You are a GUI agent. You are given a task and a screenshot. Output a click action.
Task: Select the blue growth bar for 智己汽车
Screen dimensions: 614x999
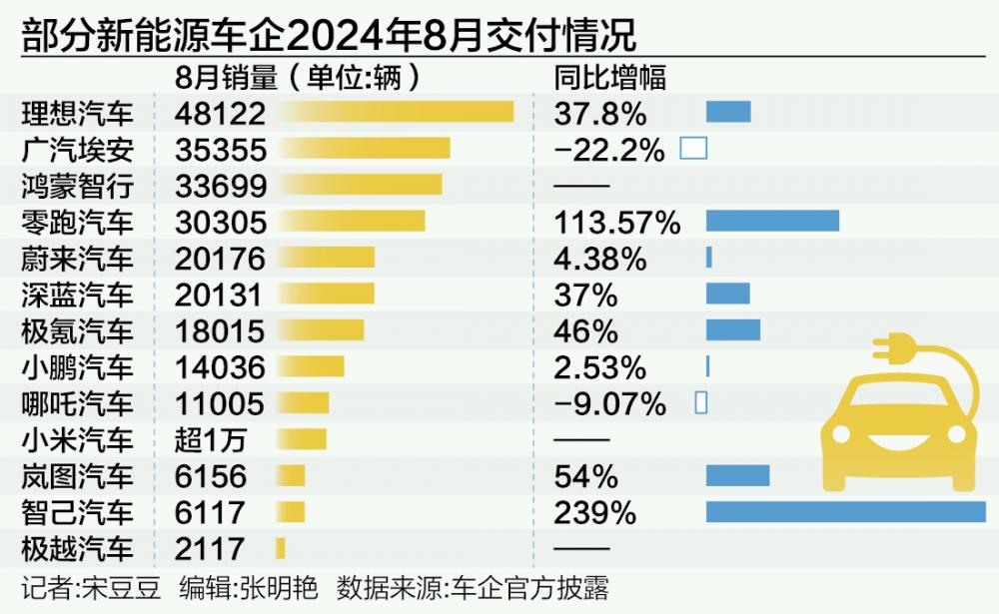(845, 511)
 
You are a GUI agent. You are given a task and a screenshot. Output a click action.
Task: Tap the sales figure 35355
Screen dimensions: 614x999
(221, 149)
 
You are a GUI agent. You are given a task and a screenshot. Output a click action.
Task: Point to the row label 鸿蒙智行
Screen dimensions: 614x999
(77, 185)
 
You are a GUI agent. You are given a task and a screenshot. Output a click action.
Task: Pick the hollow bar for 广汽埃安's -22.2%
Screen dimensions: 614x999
(693, 149)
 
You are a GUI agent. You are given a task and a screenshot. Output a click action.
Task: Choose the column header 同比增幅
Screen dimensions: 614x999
(609, 77)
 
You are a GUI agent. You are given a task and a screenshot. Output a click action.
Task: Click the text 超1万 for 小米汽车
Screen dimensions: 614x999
(210, 438)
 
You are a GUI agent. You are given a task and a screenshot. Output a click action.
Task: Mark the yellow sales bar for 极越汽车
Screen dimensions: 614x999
(281, 547)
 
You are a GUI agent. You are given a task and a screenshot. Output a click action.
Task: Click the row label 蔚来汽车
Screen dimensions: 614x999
(77, 258)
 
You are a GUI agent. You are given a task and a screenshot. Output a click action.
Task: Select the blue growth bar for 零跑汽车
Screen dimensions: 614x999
(772, 221)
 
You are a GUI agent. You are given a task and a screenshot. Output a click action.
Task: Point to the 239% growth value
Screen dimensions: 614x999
(595, 512)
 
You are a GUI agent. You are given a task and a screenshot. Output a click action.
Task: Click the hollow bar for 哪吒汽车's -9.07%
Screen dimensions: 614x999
(700, 402)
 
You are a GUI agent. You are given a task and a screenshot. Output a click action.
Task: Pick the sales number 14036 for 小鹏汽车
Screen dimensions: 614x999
(221, 366)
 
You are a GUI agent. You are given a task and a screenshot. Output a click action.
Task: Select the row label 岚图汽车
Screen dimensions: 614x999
(77, 475)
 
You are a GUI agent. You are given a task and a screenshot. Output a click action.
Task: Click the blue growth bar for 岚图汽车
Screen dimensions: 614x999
(737, 475)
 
